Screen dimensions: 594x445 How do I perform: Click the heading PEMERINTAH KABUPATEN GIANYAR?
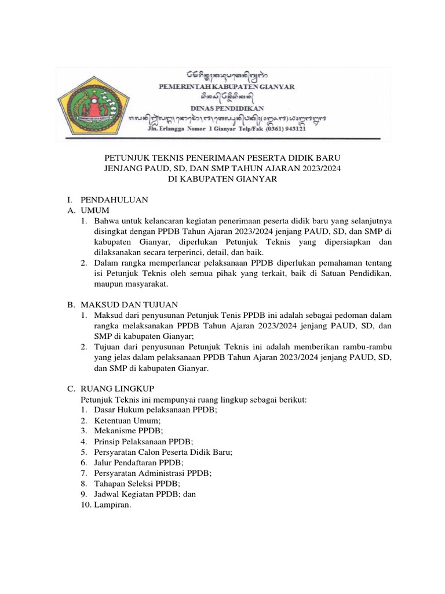227,86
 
